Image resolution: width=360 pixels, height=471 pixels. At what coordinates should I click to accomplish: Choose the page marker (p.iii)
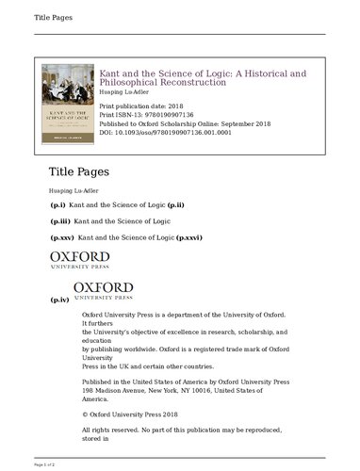pos(59,221)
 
